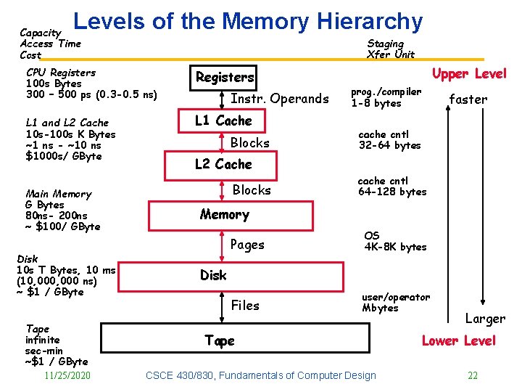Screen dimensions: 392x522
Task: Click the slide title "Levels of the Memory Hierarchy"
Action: pyautogui.click(x=248, y=22)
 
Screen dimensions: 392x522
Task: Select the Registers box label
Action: pyautogui.click(x=225, y=77)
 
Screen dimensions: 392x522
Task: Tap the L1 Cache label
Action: pyautogui.click(x=223, y=121)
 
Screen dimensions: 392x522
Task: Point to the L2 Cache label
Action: pyautogui.click(x=223, y=164)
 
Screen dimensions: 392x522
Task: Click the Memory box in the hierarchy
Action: pyautogui.click(x=224, y=215)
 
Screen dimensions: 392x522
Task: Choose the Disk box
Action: pyautogui.click(x=213, y=275)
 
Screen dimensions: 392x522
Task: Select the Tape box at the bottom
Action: pyautogui.click(x=220, y=340)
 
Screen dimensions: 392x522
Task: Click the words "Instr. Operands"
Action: pyautogui.click(x=279, y=99)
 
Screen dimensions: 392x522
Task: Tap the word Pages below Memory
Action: pyautogui.click(x=247, y=245)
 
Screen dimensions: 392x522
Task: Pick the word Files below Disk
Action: pyautogui.click(x=244, y=306)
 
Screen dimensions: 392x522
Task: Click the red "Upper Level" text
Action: pyautogui.click(x=469, y=74)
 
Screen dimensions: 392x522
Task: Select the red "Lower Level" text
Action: pyautogui.click(x=458, y=340)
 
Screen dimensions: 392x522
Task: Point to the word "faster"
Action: pyautogui.click(x=468, y=99)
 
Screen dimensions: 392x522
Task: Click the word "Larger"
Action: pyautogui.click(x=485, y=319)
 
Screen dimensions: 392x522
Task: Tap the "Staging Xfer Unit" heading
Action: pyautogui.click(x=391, y=49)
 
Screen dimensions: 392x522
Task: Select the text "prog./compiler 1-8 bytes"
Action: pyautogui.click(x=386, y=97)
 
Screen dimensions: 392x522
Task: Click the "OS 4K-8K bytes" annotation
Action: pyautogui.click(x=394, y=241)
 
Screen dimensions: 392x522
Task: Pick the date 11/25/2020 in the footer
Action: pyautogui.click(x=67, y=375)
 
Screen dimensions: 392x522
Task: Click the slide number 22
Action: pyautogui.click(x=473, y=375)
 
